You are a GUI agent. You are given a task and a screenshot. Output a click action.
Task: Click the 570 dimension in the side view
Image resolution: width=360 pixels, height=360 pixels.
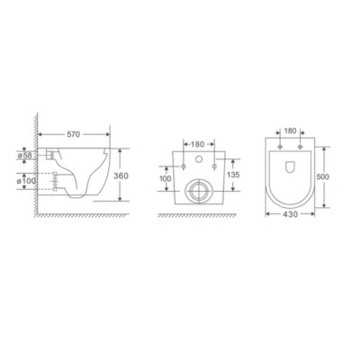[x=74, y=135]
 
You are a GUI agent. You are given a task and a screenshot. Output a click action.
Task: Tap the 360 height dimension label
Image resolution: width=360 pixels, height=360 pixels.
[x=121, y=175]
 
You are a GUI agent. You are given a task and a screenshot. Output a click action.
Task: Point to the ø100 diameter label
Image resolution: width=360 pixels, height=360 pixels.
[x=27, y=181]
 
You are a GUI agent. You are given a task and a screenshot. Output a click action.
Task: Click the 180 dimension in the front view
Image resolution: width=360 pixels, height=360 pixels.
[x=197, y=144]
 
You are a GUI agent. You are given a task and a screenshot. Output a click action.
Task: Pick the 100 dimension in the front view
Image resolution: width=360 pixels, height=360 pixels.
[x=166, y=179]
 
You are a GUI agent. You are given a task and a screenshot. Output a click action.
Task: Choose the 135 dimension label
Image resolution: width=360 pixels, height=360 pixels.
[x=233, y=175]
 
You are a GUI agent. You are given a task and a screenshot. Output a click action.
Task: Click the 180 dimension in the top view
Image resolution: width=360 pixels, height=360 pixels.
[x=290, y=131]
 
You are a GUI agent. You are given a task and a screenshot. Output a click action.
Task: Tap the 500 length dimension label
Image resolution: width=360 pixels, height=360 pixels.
[x=323, y=177]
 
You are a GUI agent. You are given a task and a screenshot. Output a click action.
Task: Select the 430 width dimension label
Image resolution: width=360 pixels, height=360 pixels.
[x=291, y=214]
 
